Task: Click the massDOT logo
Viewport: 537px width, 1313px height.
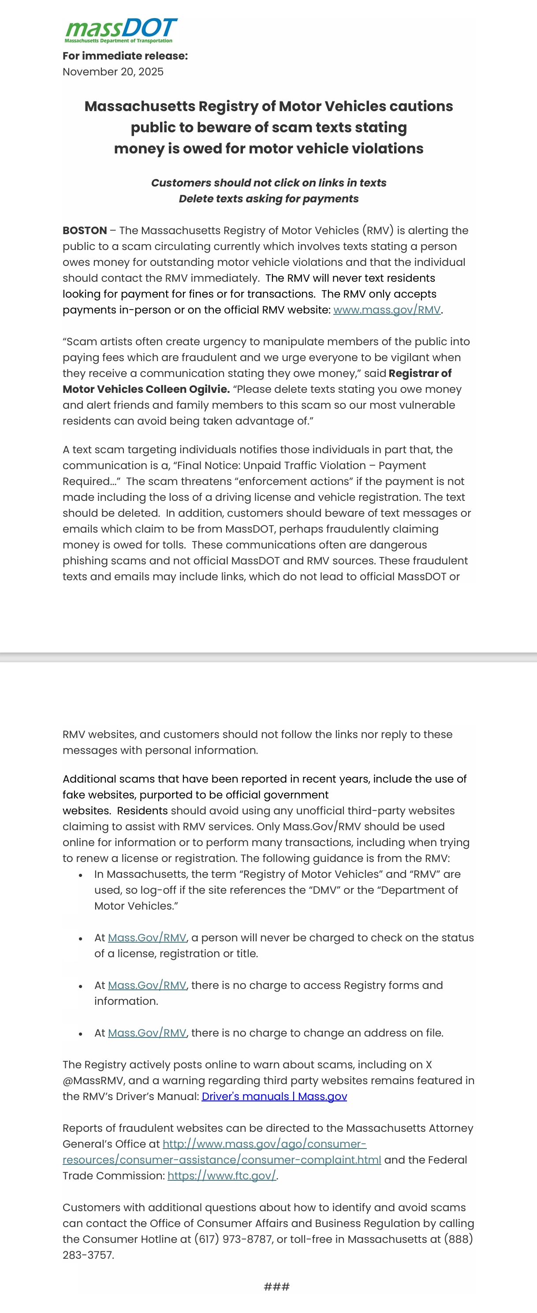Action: [x=121, y=30]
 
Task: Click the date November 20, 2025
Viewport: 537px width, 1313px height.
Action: [x=113, y=72]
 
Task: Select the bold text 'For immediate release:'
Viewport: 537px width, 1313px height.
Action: [x=125, y=56]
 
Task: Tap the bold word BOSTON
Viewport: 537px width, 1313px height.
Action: [x=85, y=231]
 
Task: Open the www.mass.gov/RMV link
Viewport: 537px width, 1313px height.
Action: [x=387, y=310]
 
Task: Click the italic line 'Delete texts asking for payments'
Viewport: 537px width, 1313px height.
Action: [x=268, y=199]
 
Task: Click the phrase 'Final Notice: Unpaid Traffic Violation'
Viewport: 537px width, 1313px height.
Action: [x=271, y=465]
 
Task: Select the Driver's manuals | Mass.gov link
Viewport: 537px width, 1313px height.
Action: [x=274, y=1097]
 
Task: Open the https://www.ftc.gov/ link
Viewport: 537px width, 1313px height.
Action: [x=222, y=1176]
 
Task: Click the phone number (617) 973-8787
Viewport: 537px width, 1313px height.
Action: [x=233, y=1239]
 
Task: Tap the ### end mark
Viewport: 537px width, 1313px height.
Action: [x=276, y=1287]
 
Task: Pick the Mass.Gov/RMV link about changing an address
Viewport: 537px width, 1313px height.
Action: [x=147, y=1033]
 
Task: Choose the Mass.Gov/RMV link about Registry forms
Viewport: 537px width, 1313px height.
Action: [x=147, y=985]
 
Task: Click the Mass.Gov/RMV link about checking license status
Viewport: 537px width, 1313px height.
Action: [x=147, y=938]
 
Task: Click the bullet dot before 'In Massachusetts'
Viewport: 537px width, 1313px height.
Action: [x=81, y=875]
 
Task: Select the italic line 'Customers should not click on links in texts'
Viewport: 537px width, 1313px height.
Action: [x=268, y=183]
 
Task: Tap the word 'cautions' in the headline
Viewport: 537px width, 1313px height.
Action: [x=421, y=107]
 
